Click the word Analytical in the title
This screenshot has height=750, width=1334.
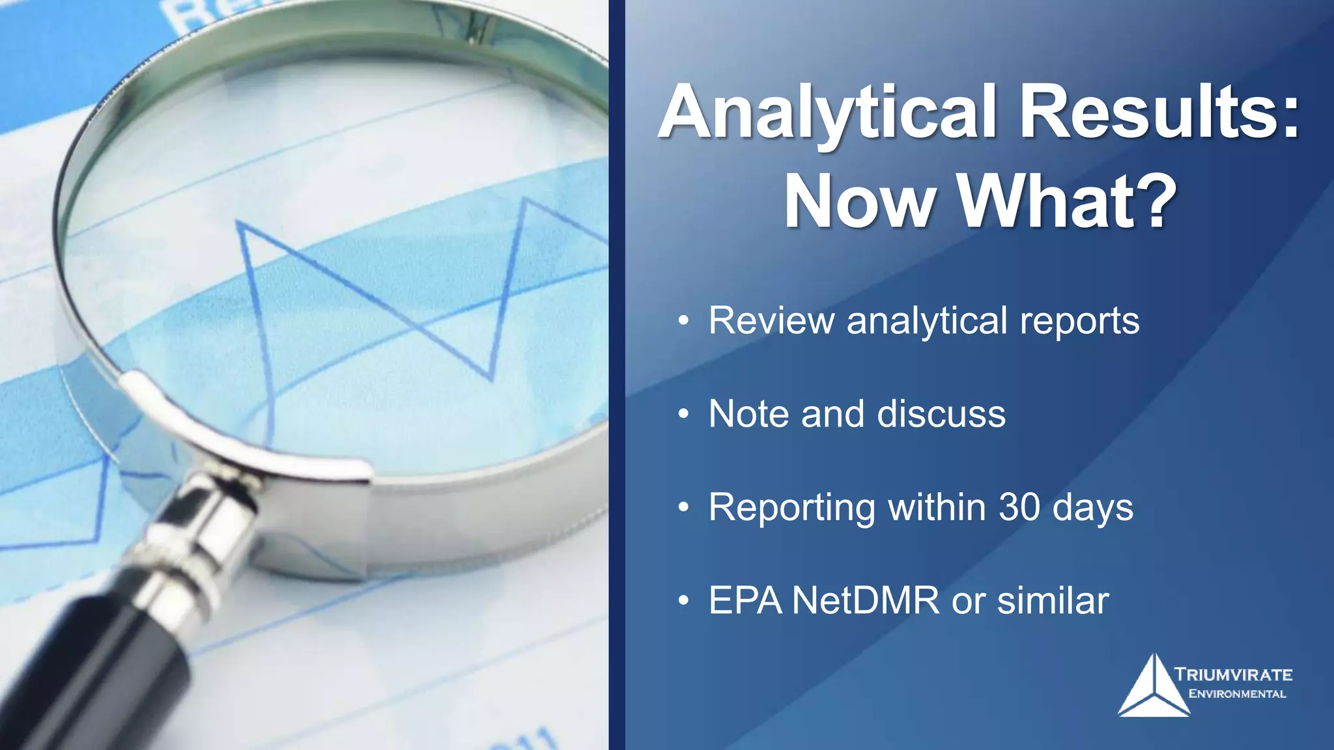coord(827,114)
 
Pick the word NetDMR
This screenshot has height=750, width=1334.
coord(866,600)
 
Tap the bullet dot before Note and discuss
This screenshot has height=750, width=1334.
coord(683,414)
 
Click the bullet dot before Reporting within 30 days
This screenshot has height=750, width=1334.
coord(683,507)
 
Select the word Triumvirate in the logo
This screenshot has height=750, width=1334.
coord(1233,674)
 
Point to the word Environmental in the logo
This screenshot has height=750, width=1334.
coord(1237,694)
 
